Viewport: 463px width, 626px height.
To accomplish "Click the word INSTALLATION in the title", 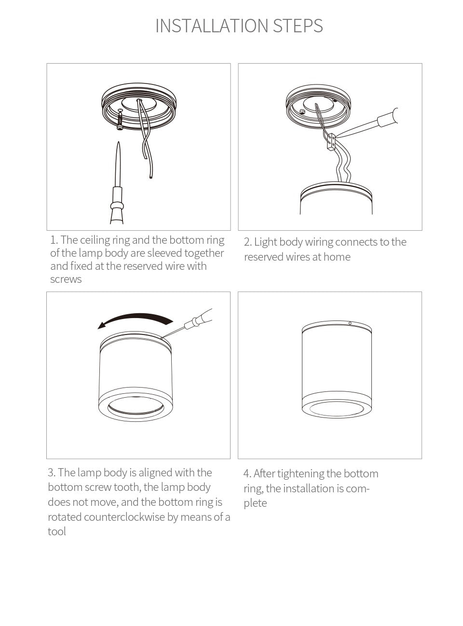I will tap(212, 26).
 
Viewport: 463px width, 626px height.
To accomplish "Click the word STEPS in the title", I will tap(298, 26).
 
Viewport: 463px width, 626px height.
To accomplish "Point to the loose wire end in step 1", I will tap(150, 177).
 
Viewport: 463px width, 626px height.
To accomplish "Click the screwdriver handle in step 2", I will tap(388, 117).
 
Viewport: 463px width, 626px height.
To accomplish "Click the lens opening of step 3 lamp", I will tap(135, 406).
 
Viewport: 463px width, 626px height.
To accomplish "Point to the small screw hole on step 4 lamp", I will tap(350, 323).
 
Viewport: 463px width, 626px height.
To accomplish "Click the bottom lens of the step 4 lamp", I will tap(336, 409).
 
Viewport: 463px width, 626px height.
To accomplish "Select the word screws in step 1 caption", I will tap(66, 279).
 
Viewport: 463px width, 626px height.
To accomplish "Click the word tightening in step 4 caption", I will tap(300, 474).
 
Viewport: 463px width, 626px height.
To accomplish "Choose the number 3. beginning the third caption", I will tap(52, 473).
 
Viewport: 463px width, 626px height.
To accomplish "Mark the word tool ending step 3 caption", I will tap(56, 532).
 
